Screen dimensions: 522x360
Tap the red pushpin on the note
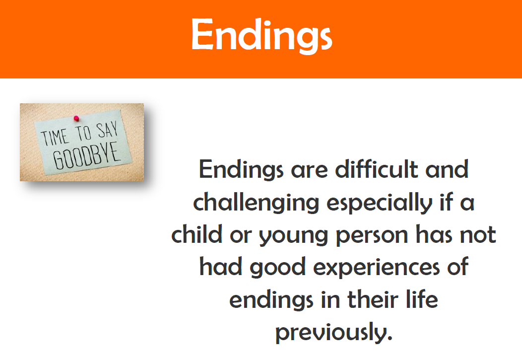76,118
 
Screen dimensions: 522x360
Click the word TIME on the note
55,137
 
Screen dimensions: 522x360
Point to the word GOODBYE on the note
86,155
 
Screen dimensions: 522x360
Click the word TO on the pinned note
83,133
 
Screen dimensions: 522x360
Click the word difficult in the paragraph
377,169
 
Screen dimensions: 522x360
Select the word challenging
256,203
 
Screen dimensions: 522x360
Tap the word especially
380,203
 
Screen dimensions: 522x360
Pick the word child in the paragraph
197,234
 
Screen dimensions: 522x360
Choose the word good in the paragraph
278,268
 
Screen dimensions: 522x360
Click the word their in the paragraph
373,299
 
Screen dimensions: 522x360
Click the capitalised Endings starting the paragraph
241,170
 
